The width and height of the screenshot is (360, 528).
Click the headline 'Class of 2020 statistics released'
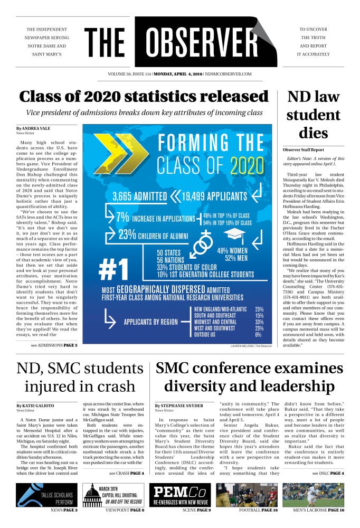pyautogui.click(x=144, y=97)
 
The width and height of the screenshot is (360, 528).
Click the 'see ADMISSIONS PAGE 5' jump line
pyautogui.click(x=54, y=345)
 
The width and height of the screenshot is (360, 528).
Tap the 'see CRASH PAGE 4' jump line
pyautogui.click(x=127, y=473)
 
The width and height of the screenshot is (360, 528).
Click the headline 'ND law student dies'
pyautogui.click(x=314, y=114)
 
